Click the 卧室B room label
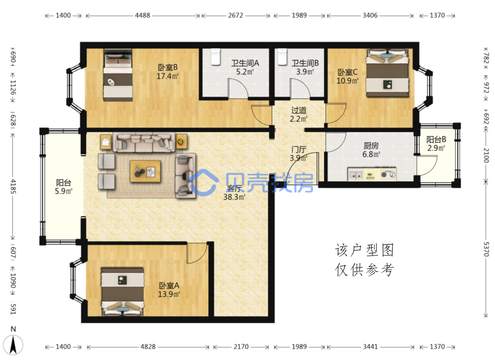pyautogui.click(x=168, y=67)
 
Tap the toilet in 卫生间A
pyautogui.click(x=216, y=57)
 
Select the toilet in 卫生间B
pyautogui.click(x=283, y=57)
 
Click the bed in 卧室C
pyautogui.click(x=387, y=73)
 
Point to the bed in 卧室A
pyautogui.click(x=123, y=292)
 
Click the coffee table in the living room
pyautogui.click(x=145, y=172)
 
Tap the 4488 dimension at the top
pyautogui.click(x=142, y=15)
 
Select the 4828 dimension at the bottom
pyautogui.click(x=148, y=347)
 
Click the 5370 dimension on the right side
pyautogui.click(x=486, y=249)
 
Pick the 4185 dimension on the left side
pyautogui.click(x=13, y=186)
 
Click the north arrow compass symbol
pyautogui.click(x=13, y=345)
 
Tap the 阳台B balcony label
pyautogui.click(x=436, y=140)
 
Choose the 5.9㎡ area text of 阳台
pyautogui.click(x=64, y=191)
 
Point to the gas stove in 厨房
pyautogui.click(x=389, y=174)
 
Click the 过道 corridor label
pyautogui.click(x=299, y=110)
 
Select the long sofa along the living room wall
pyautogui.click(x=144, y=142)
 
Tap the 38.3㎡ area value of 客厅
pyautogui.click(x=234, y=197)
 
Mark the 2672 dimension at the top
pyautogui.click(x=236, y=15)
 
